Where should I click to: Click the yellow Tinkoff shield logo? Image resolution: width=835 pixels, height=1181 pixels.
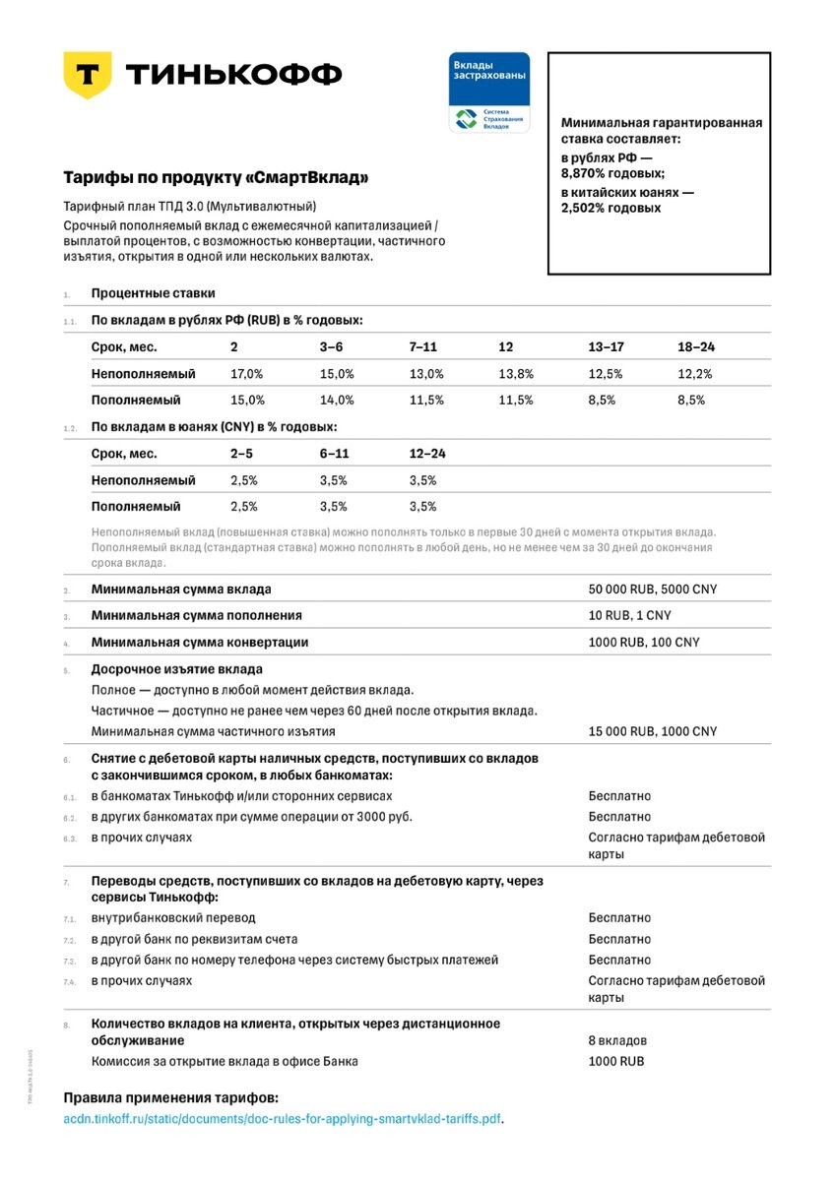click(87, 75)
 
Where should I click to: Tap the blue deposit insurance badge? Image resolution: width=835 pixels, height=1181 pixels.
click(489, 93)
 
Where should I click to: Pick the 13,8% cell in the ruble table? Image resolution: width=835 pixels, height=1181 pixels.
click(516, 374)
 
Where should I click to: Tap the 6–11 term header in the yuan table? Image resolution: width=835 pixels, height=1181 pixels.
click(335, 454)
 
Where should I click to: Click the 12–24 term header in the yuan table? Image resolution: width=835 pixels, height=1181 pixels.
click(427, 454)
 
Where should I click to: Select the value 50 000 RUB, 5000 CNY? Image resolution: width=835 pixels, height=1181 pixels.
click(653, 590)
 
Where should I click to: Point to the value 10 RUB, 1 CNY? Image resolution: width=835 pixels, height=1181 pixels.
click(631, 615)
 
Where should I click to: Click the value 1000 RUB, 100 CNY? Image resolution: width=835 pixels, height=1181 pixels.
click(645, 642)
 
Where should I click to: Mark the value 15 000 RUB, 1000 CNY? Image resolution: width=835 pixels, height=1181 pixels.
click(653, 731)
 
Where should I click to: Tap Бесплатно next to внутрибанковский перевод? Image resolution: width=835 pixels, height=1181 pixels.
click(619, 918)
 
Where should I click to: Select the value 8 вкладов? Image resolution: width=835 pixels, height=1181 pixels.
click(617, 1040)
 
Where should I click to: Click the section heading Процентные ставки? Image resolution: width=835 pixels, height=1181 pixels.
click(153, 293)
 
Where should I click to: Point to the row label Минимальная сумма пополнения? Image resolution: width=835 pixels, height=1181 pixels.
click(196, 615)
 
